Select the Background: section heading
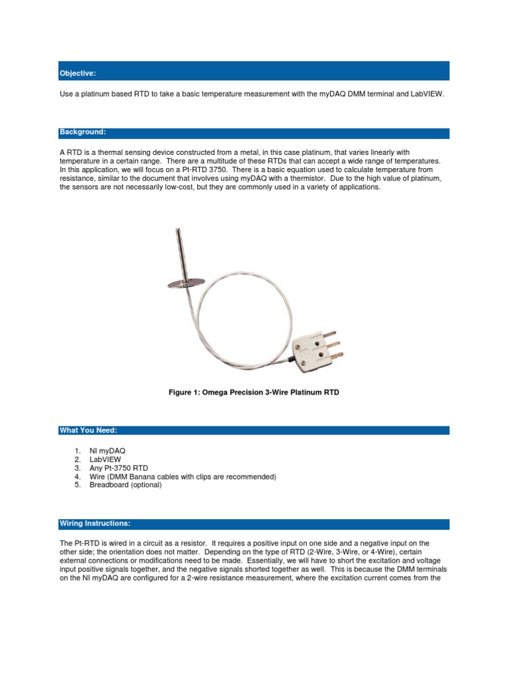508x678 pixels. pos(83,132)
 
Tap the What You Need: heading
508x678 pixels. pos(88,430)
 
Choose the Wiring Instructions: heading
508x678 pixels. pos(95,524)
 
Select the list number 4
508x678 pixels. pos(77,476)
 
